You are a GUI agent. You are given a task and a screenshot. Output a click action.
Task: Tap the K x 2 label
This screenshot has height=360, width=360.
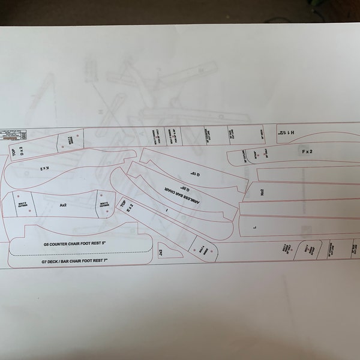(45, 169)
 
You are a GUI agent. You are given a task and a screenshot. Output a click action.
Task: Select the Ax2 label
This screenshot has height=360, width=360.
(62, 205)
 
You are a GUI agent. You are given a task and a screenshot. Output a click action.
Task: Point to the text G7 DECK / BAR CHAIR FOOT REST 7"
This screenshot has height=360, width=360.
(74, 262)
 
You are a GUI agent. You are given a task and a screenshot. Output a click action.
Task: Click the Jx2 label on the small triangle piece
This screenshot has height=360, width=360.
(161, 253)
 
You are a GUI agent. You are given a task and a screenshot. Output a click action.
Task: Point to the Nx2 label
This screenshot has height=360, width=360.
(263, 192)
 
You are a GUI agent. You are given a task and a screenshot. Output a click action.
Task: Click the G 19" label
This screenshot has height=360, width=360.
(194, 174)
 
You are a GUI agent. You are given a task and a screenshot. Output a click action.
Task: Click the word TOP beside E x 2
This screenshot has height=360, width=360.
(124, 205)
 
